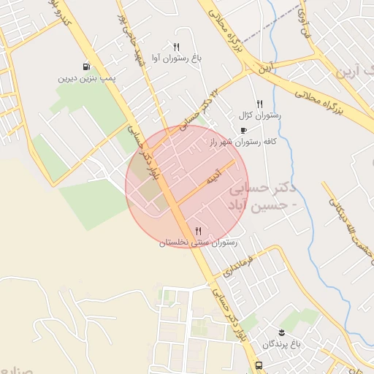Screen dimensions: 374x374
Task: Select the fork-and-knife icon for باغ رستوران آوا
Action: [176, 46]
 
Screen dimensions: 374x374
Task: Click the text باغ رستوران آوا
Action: [176, 57]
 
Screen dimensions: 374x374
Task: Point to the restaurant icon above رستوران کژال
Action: [259, 104]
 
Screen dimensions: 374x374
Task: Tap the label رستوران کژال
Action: [255, 115]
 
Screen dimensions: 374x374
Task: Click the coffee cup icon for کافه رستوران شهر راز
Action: [243, 131]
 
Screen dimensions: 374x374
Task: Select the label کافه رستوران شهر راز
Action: [243, 142]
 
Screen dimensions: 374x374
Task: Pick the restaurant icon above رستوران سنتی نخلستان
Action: [198, 231]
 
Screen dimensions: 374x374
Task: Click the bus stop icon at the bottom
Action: [259, 365]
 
